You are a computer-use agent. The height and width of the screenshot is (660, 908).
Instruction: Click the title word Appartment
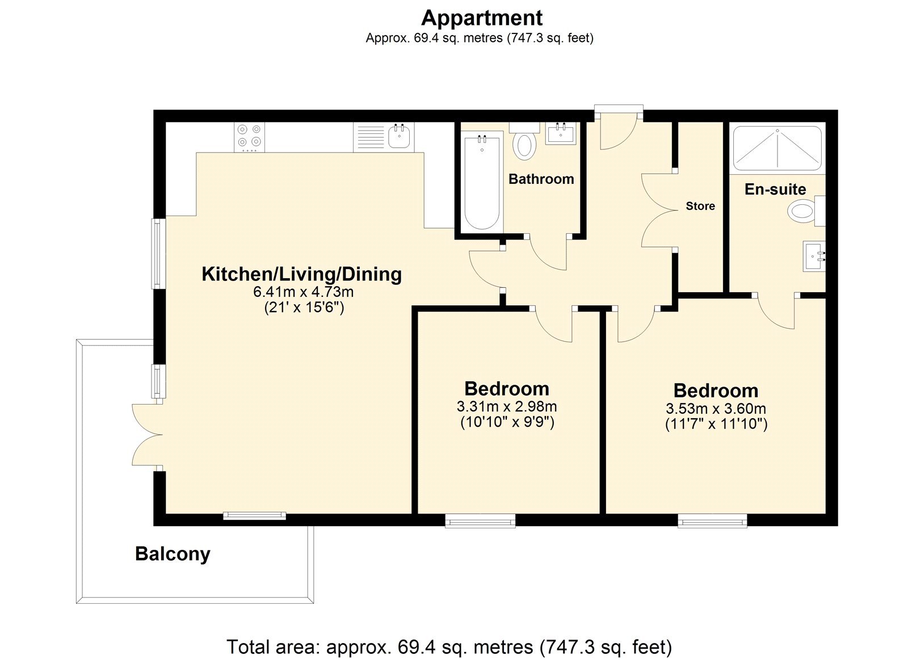point(481,18)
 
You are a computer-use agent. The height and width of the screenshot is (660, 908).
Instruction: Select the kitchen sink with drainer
point(384,137)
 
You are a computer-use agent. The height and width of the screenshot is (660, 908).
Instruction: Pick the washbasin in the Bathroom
point(561,134)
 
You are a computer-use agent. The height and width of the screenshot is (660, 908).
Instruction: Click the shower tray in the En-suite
point(777,148)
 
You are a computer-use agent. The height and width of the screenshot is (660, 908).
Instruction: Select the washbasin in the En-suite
point(814,257)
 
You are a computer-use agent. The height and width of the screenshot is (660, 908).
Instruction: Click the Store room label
point(700,206)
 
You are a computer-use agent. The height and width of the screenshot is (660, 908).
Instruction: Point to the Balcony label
point(173,553)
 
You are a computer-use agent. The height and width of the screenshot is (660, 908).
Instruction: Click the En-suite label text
point(775,189)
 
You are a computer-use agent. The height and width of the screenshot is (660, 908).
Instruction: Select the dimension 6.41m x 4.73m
point(303,292)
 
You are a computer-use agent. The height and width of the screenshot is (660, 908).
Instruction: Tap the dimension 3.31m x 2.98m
point(506,406)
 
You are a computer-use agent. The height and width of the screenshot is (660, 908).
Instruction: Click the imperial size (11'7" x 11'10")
point(716,424)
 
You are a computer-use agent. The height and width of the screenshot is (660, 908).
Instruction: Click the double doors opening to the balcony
point(147,436)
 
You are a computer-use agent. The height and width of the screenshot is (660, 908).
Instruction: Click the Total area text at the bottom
point(449,646)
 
